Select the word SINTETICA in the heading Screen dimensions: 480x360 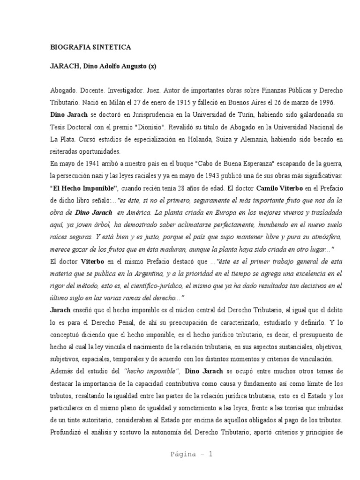114,47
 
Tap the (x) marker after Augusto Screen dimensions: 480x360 152,67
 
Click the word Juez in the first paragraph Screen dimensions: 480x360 161,89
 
